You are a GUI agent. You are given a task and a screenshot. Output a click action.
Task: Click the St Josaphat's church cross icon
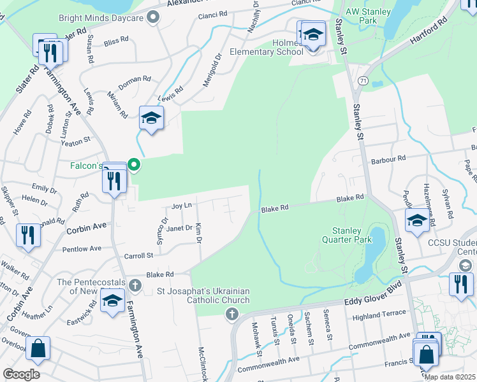(x=231, y=314)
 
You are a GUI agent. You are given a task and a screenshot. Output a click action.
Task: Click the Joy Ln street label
(x=182, y=206)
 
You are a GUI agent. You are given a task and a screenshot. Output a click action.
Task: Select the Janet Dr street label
(x=179, y=227)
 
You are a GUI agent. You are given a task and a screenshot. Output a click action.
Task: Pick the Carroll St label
(x=141, y=255)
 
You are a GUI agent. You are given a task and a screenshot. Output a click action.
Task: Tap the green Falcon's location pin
(x=134, y=165)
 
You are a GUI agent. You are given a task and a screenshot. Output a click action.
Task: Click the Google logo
(x=21, y=374)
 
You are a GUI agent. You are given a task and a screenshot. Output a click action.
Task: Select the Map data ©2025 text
(x=450, y=377)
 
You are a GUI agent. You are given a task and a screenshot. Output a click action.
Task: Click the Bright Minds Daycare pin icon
(x=152, y=18)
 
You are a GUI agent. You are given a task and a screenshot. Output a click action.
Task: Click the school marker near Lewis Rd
(x=152, y=118)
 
